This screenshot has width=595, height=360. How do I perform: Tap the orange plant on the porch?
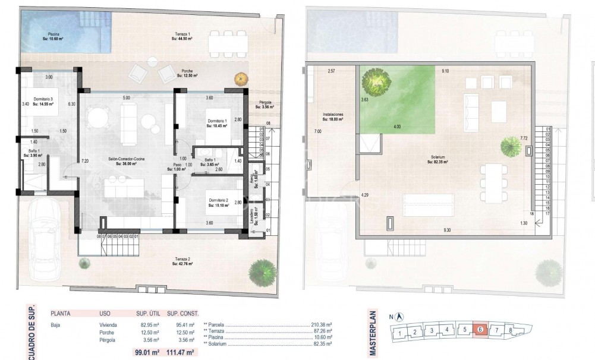(x=241, y=78)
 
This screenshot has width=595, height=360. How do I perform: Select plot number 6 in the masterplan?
(x=480, y=330)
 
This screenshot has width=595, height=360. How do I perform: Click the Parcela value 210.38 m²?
(x=321, y=325)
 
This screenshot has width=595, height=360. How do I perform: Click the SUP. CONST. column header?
(x=182, y=313)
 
